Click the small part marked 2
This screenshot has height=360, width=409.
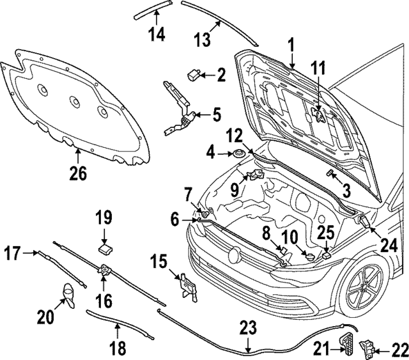pyautogui.click(x=192, y=75)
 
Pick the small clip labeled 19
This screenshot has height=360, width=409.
pyautogui.click(x=104, y=245)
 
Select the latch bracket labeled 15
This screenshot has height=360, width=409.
pyautogui.click(x=185, y=284)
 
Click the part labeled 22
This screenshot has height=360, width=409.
pyautogui.click(x=369, y=348)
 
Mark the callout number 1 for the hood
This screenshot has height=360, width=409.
pyautogui.click(x=291, y=45)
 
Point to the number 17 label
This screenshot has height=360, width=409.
pyautogui.click(x=11, y=254)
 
